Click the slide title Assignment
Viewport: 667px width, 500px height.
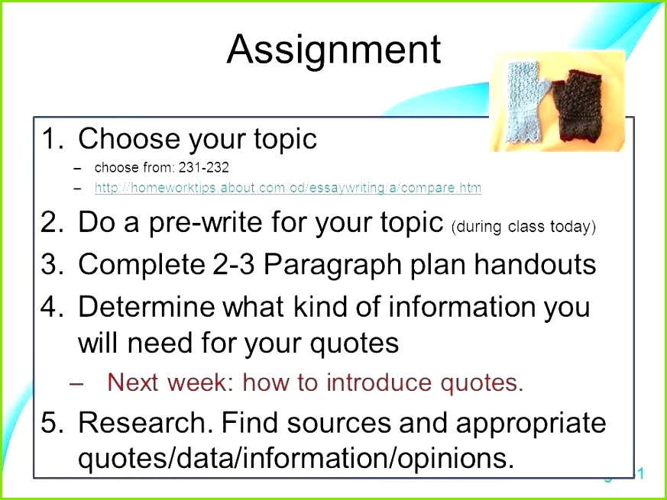(334, 51)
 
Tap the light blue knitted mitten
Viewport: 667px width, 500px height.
(526, 102)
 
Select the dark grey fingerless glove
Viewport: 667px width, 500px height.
(575, 105)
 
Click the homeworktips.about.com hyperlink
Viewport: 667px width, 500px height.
(288, 188)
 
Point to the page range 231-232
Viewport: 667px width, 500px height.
(204, 167)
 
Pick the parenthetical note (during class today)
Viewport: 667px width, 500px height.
(523, 227)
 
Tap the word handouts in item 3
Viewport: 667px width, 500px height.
(535, 263)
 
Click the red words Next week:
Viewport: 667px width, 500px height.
(171, 382)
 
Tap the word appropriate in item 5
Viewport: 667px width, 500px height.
(531, 424)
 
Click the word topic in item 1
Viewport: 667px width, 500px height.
(286, 140)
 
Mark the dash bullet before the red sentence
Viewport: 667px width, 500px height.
(76, 382)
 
